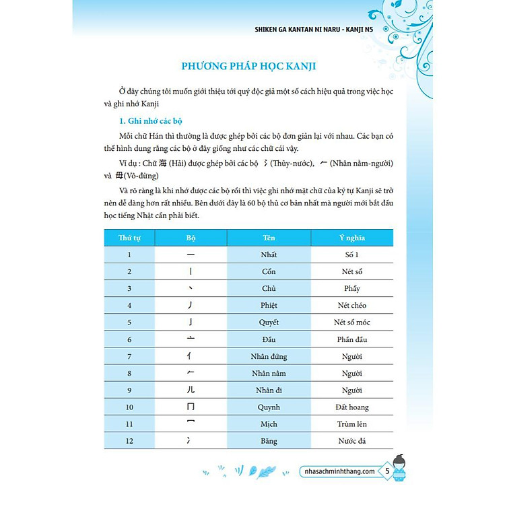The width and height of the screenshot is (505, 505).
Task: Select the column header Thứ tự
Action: click(129, 238)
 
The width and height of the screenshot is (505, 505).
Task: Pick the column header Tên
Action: click(269, 238)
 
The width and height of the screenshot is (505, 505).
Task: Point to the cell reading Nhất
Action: click(269, 255)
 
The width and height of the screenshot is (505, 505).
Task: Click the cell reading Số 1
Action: click(351, 255)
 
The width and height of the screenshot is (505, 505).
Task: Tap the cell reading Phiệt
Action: click(269, 306)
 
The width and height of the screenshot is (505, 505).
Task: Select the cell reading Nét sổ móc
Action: click(351, 323)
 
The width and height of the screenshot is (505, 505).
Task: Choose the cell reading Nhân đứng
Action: click(269, 356)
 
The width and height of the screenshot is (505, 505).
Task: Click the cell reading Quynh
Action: click(269, 407)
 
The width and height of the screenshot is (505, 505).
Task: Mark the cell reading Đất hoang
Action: click(351, 407)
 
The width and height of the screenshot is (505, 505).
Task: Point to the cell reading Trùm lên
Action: click(351, 424)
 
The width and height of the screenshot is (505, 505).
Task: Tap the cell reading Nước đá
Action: click(351, 441)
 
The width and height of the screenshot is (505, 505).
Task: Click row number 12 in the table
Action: click(129, 441)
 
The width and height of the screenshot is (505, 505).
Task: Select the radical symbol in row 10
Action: click(191, 407)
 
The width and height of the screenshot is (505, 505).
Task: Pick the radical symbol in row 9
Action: click(191, 390)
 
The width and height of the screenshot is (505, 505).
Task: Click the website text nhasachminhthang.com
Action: click(339, 472)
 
